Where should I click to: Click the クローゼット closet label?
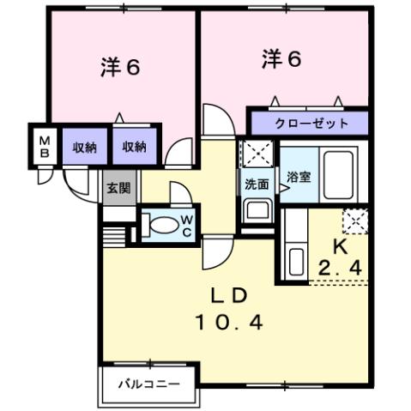tap(311, 124)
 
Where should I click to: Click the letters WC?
tap(186, 225)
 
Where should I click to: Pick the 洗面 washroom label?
tap(257, 184)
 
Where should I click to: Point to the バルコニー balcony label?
tap(149, 384)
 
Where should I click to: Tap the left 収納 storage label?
tap(83, 147)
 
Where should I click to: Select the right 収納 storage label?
tap(133, 147)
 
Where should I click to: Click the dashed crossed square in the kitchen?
tap(354, 221)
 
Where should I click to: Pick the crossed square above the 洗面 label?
tap(255, 154)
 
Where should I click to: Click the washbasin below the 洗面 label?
tap(256, 209)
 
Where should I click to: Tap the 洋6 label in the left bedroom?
tap(119, 68)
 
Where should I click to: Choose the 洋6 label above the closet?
tap(281, 59)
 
